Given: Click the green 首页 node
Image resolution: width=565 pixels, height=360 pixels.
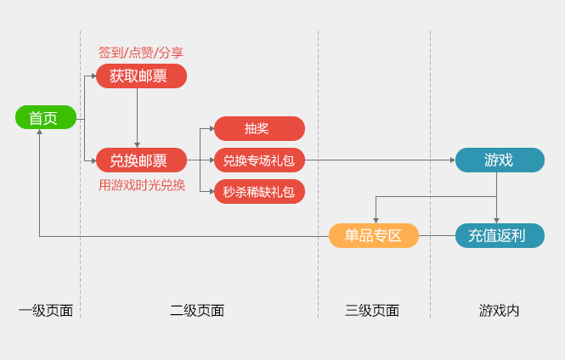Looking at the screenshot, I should (x=46, y=117).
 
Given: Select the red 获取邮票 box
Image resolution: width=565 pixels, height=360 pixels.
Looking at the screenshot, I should (x=141, y=76).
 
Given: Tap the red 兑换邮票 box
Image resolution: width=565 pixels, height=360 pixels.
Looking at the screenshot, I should (x=141, y=160).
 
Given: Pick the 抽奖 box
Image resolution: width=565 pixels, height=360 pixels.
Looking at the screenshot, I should (x=259, y=128).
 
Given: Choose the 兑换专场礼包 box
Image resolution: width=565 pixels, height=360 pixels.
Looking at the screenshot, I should (x=259, y=160).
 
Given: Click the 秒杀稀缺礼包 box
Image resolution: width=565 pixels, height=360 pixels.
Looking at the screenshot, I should (x=259, y=192).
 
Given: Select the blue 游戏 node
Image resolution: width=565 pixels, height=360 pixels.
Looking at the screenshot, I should (x=500, y=160).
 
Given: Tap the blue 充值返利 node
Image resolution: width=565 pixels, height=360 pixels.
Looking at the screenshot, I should (x=500, y=235).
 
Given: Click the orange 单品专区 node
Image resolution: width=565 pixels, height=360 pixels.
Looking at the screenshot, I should (x=374, y=235).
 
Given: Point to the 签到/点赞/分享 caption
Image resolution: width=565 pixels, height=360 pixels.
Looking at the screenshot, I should (x=141, y=53).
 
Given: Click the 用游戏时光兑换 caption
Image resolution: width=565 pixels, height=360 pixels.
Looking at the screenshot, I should (x=141, y=184).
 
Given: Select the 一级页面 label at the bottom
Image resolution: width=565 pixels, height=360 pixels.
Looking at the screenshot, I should (x=46, y=311).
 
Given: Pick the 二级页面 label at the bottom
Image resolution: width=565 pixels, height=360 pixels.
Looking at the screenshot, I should (x=197, y=311).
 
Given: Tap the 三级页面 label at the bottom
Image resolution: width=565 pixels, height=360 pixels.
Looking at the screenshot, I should (x=372, y=311).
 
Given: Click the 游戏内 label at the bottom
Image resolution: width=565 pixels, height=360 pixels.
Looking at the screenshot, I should (x=500, y=311).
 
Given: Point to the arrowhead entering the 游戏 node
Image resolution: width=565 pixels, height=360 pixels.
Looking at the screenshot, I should (x=452, y=160).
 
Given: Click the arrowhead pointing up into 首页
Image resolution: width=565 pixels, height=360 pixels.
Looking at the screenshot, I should (x=40, y=132).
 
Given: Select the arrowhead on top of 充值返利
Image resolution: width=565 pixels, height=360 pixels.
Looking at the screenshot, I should (x=497, y=220).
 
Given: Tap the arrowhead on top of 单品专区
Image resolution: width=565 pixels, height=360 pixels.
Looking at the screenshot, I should (x=376, y=220).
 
